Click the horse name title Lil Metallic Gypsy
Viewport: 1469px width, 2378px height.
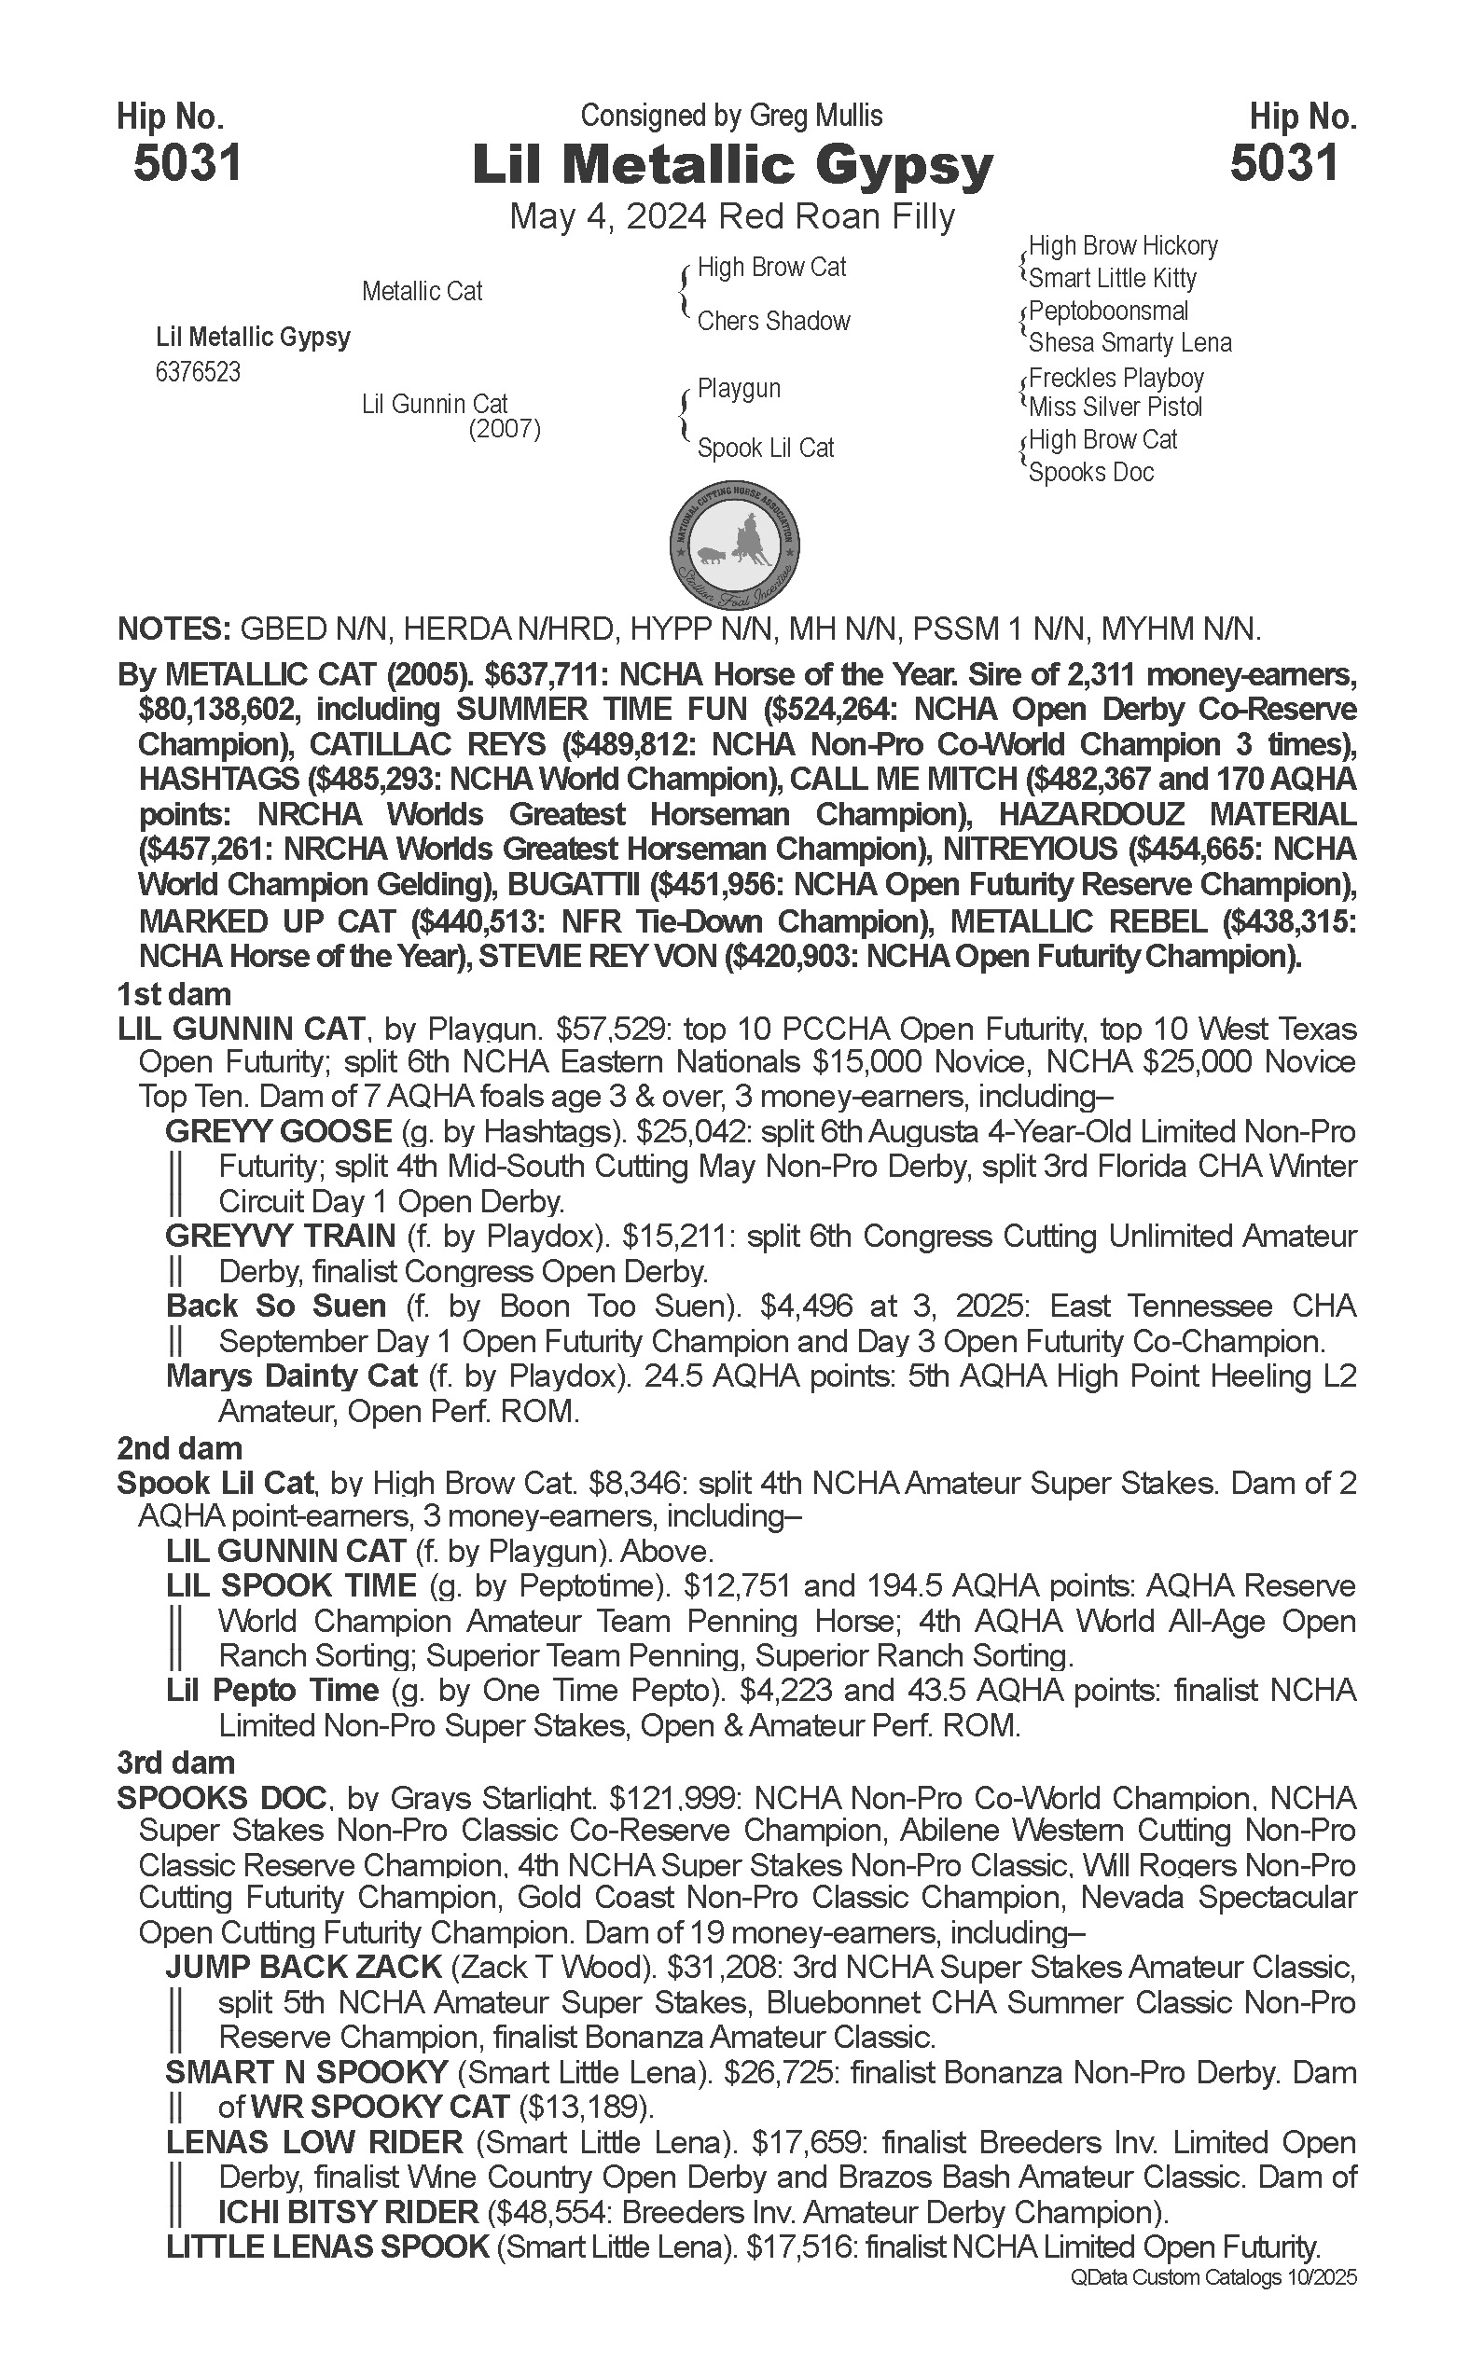pos(732,166)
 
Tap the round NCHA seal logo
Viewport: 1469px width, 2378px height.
pos(735,543)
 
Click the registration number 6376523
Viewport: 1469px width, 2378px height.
pos(197,373)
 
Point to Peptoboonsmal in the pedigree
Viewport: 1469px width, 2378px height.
pos(1108,311)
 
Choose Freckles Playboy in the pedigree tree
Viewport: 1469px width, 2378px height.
pos(1116,378)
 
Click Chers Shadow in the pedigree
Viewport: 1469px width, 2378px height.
pos(773,322)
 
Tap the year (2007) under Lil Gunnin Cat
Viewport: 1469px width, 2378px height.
pos(505,428)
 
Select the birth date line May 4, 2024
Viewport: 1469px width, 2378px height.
pos(607,216)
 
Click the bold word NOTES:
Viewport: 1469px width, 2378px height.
pos(173,629)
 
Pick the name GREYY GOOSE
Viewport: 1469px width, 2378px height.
pos(278,1132)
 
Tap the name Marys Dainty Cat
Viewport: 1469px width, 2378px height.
pos(291,1376)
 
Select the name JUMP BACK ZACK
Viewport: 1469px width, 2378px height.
pos(303,1967)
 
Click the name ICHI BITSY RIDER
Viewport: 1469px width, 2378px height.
pos(348,2213)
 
